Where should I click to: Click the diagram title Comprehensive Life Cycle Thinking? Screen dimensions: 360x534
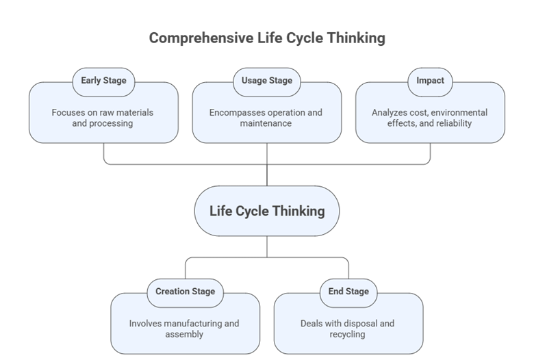coord(267,38)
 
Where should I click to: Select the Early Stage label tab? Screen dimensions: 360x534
coord(103,81)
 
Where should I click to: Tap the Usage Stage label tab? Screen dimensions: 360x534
coord(267,81)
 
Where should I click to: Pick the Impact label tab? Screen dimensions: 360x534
coord(430,81)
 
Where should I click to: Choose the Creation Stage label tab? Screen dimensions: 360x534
coord(185,292)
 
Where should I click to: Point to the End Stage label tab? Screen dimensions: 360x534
coord(348,292)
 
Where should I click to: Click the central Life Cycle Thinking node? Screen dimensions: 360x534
coord(267,211)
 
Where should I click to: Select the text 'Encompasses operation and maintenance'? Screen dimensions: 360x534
coord(266,118)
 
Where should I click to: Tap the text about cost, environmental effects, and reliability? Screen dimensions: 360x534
coord(430,118)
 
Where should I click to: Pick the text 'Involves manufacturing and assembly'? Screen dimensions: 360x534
coord(184,329)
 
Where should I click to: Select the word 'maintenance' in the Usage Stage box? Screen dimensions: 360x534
coord(266,124)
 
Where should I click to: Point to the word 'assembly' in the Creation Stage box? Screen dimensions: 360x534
coord(184,335)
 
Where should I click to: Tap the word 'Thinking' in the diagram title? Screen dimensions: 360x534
coord(355,38)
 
